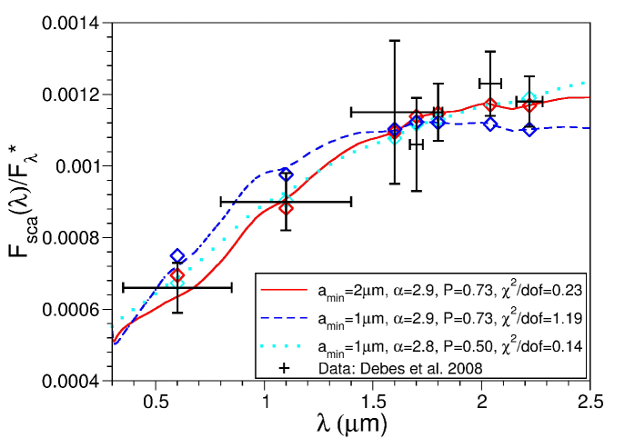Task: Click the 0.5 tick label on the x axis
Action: point(156,400)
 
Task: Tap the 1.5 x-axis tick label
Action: point(373,400)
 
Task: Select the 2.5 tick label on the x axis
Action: point(590,400)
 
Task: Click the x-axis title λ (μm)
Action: point(351,425)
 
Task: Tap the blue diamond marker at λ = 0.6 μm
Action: point(177,257)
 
